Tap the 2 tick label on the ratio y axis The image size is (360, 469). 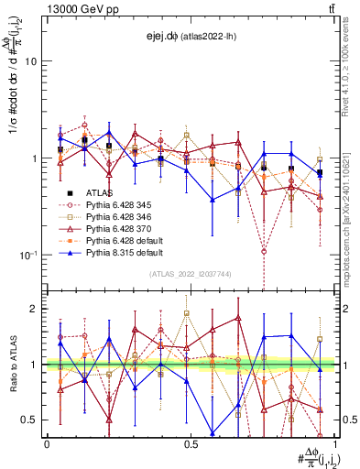[34, 310]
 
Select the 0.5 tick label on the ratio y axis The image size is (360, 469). [29, 420]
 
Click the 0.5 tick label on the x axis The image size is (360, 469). [191, 443]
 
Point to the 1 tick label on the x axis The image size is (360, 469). [335, 443]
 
